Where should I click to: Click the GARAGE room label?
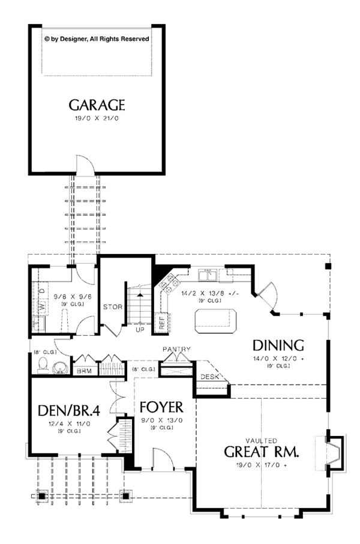97,105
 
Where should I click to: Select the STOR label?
112,307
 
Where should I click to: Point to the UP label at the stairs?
140,330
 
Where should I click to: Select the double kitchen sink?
208,275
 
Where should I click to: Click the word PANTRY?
176,349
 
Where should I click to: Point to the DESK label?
209,377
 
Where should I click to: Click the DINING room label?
278,345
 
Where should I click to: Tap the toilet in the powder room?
43,364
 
